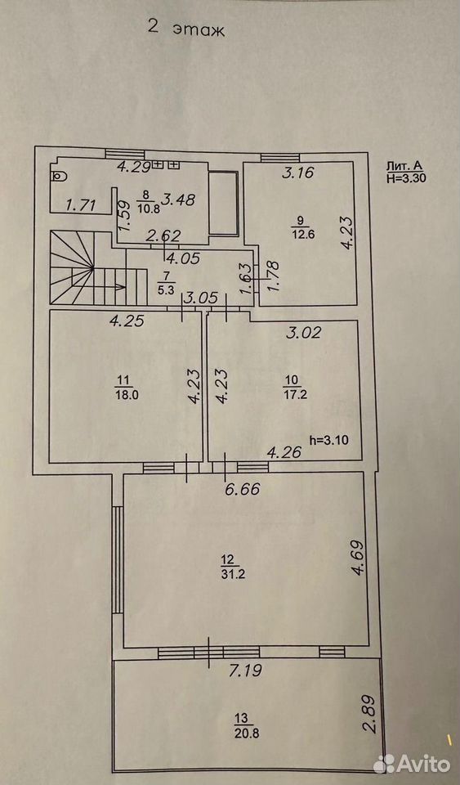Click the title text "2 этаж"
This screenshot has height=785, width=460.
pyautogui.click(x=186, y=29)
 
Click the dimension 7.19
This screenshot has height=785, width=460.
pyautogui.click(x=245, y=671)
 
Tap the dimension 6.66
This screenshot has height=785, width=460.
pyautogui.click(x=243, y=489)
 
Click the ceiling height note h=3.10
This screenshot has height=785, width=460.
pyautogui.click(x=328, y=440)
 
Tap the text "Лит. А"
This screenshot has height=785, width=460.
pyautogui.click(x=400, y=167)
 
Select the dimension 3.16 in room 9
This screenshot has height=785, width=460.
pyautogui.click(x=297, y=173)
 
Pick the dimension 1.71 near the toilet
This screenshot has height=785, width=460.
pyautogui.click(x=83, y=204)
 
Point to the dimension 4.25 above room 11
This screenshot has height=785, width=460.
pyautogui.click(x=127, y=321)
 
